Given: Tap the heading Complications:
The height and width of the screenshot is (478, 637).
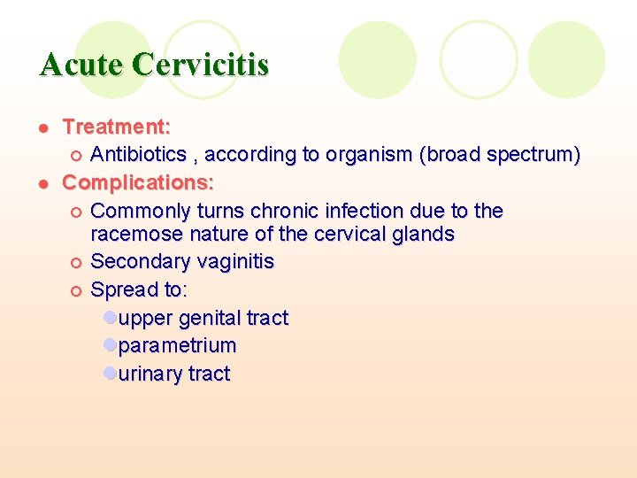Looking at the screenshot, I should pyautogui.click(x=138, y=183).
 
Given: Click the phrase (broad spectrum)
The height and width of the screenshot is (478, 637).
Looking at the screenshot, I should pyautogui.click(x=501, y=155).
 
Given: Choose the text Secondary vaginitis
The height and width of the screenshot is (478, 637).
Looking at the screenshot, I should pyautogui.click(x=182, y=262).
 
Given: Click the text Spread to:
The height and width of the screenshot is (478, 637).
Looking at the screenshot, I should pyautogui.click(x=139, y=289).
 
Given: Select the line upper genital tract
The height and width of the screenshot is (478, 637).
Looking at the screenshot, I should pyautogui.click(x=203, y=318).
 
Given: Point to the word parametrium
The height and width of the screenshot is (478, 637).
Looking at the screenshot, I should pyautogui.click(x=177, y=345).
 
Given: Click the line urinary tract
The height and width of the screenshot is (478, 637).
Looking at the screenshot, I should pyautogui.click(x=173, y=374).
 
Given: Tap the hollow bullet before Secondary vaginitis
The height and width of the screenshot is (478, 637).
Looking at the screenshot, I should pyautogui.click(x=76, y=263).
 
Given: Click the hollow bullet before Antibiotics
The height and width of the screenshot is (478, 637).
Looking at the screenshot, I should pyautogui.click(x=76, y=156).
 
